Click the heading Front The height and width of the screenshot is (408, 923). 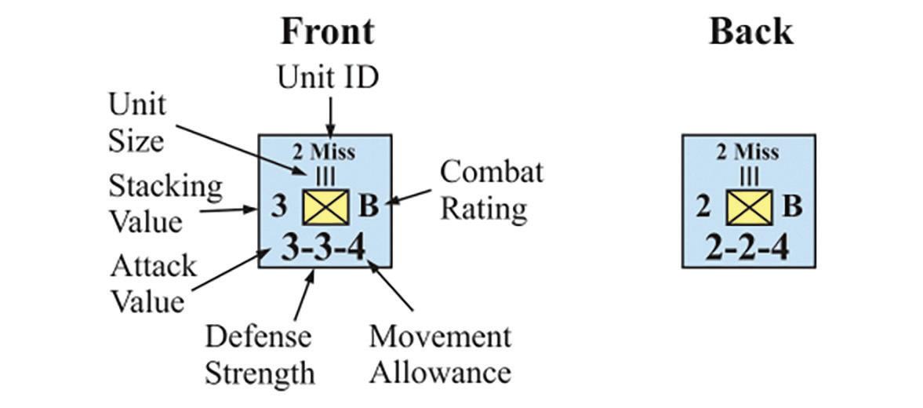tap(327, 31)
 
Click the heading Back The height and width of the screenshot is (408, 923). tap(750, 31)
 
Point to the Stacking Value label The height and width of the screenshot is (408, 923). tap(165, 203)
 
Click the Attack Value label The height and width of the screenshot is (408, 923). tap(153, 283)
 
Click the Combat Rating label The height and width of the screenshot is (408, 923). tap(491, 190)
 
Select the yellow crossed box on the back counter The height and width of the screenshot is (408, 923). tap(747, 207)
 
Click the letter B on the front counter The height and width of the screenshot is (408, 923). tap(369, 207)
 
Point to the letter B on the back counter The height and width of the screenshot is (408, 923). tap(793, 207)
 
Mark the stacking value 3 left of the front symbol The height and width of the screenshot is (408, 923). tap(278, 207)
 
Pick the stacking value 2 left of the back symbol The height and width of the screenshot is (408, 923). tap(703, 207)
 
